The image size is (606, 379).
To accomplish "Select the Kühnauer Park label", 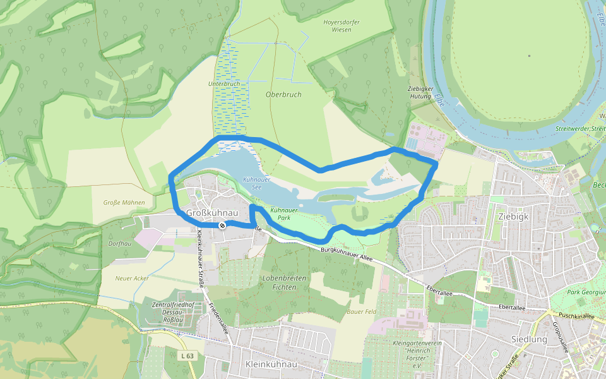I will click(283, 213).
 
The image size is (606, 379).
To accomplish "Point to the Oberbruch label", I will click(283, 95).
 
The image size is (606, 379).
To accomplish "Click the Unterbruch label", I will click(224, 83).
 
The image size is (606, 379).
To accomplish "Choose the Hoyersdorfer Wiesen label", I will click(342, 26).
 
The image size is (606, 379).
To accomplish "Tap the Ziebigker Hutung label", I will click(420, 93).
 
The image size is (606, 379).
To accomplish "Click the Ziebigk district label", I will click(513, 215).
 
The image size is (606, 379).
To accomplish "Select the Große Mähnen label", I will click(124, 203).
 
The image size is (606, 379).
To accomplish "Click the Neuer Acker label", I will click(132, 278).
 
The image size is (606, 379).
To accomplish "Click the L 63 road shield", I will click(187, 356).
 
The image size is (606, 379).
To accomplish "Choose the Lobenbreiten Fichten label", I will click(283, 282).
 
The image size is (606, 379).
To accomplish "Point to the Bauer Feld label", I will click(362, 311).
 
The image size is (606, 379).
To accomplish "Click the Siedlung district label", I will click(529, 339).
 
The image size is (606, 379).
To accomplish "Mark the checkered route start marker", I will click(222, 226).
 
